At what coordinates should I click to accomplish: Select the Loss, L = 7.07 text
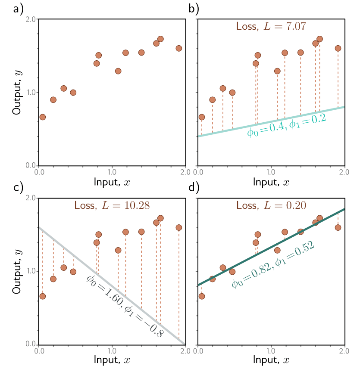(x=271, y=27)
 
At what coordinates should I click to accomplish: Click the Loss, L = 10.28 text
(x=112, y=205)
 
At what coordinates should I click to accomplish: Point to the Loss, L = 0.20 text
(x=271, y=205)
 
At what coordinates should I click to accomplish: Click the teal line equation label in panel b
(x=286, y=125)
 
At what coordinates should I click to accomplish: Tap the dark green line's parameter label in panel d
(x=272, y=265)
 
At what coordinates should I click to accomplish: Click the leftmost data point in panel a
(x=42, y=117)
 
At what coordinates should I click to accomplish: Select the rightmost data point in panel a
(x=179, y=48)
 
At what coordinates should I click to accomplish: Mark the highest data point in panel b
(x=319, y=39)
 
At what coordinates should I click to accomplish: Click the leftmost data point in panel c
(x=42, y=296)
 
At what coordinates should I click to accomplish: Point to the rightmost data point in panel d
(x=338, y=227)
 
